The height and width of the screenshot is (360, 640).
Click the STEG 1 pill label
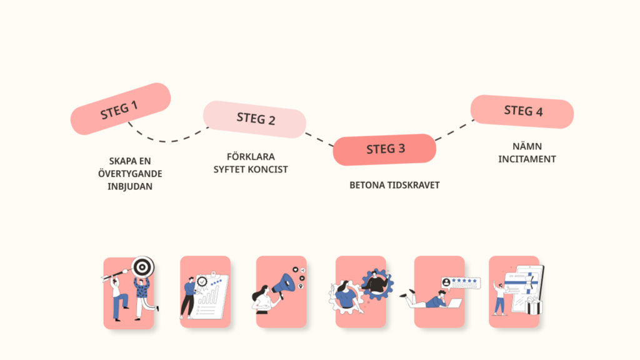click(120, 109)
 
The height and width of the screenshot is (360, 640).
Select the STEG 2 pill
click(255, 118)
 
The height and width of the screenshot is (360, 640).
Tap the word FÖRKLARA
click(251, 156)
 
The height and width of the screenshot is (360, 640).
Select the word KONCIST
click(270, 169)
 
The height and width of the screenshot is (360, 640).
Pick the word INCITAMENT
click(527, 159)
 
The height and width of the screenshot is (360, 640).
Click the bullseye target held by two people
click(143, 267)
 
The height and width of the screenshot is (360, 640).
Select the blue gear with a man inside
click(377, 284)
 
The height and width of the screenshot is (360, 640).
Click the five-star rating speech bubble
click(461, 282)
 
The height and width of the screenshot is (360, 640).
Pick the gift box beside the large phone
click(533, 306)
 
